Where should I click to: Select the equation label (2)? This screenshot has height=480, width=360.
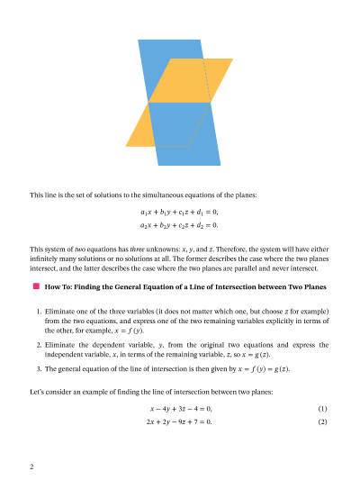click(322, 421)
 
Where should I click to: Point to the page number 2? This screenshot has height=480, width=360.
click(31, 466)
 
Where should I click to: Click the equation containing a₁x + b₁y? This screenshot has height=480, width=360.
click(180, 212)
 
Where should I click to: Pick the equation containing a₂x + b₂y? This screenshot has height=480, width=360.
click(180, 224)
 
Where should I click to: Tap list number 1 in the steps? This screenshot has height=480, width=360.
click(39, 311)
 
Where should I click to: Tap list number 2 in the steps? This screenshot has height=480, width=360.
click(39, 345)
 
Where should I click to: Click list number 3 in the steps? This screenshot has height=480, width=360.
click(39, 368)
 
